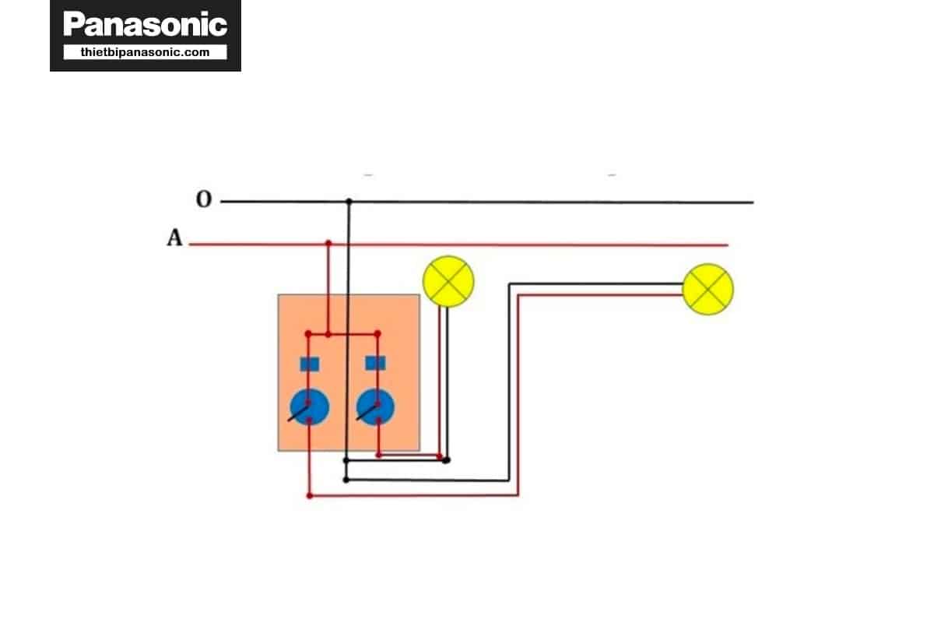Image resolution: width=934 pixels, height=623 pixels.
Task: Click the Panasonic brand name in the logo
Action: pyautogui.click(x=145, y=24)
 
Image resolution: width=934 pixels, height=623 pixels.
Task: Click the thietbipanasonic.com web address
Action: pyautogui.click(x=145, y=52)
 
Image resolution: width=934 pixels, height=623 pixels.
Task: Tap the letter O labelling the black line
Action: pyautogui.click(x=203, y=200)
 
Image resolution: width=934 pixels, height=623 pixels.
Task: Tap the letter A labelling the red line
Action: pyautogui.click(x=174, y=238)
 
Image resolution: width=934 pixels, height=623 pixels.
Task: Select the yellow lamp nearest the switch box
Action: pyautogui.click(x=448, y=280)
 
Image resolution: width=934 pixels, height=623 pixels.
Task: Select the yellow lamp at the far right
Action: pyautogui.click(x=708, y=289)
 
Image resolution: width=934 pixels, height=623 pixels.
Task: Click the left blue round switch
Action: pyautogui.click(x=309, y=407)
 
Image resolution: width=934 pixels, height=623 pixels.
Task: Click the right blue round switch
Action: pyautogui.click(x=375, y=407)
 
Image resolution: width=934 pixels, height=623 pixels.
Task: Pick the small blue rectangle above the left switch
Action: pyautogui.click(x=309, y=363)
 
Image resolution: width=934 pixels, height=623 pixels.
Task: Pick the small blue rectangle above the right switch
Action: pyautogui.click(x=375, y=363)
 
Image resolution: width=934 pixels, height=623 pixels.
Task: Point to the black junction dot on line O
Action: pyautogui.click(x=349, y=202)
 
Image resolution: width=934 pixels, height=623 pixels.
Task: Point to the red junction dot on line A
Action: pyautogui.click(x=328, y=244)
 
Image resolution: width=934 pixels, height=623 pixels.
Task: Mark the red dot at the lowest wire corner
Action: pyautogui.click(x=310, y=495)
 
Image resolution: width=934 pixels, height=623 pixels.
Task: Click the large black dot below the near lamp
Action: pyautogui.click(x=446, y=460)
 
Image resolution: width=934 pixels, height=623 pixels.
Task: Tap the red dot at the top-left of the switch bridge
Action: pyautogui.click(x=309, y=334)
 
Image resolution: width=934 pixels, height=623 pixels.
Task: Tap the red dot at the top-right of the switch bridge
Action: pyautogui.click(x=377, y=334)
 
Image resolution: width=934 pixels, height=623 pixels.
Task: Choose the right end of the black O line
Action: pyautogui.click(x=752, y=202)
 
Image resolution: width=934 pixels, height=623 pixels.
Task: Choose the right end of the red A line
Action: pyautogui.click(x=727, y=245)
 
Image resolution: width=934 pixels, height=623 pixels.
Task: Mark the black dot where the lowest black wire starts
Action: pyautogui.click(x=346, y=480)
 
